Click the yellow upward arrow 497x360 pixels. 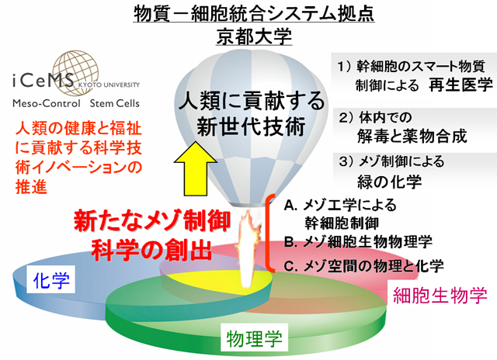(x=196, y=168)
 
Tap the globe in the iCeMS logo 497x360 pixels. (x=75, y=73)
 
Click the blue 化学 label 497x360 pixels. (x=51, y=280)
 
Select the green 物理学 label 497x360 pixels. (x=255, y=337)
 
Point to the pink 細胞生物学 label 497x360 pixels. (x=440, y=295)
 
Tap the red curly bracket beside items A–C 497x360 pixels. (x=269, y=233)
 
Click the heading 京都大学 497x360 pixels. (x=254, y=36)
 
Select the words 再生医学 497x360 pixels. (x=461, y=85)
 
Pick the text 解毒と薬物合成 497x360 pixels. (x=412, y=136)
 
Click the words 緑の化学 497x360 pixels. (x=390, y=182)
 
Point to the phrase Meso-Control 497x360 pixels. (x=47, y=103)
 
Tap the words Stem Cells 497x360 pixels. (x=114, y=103)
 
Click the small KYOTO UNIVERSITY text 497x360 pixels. (x=109, y=85)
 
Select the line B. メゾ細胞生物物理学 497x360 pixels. (x=358, y=242)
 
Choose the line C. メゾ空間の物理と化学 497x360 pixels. (x=364, y=265)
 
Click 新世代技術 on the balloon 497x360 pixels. (x=251, y=126)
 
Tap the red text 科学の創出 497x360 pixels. (x=151, y=250)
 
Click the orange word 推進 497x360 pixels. (x=31, y=186)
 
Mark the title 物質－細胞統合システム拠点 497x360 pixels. (x=254, y=14)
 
